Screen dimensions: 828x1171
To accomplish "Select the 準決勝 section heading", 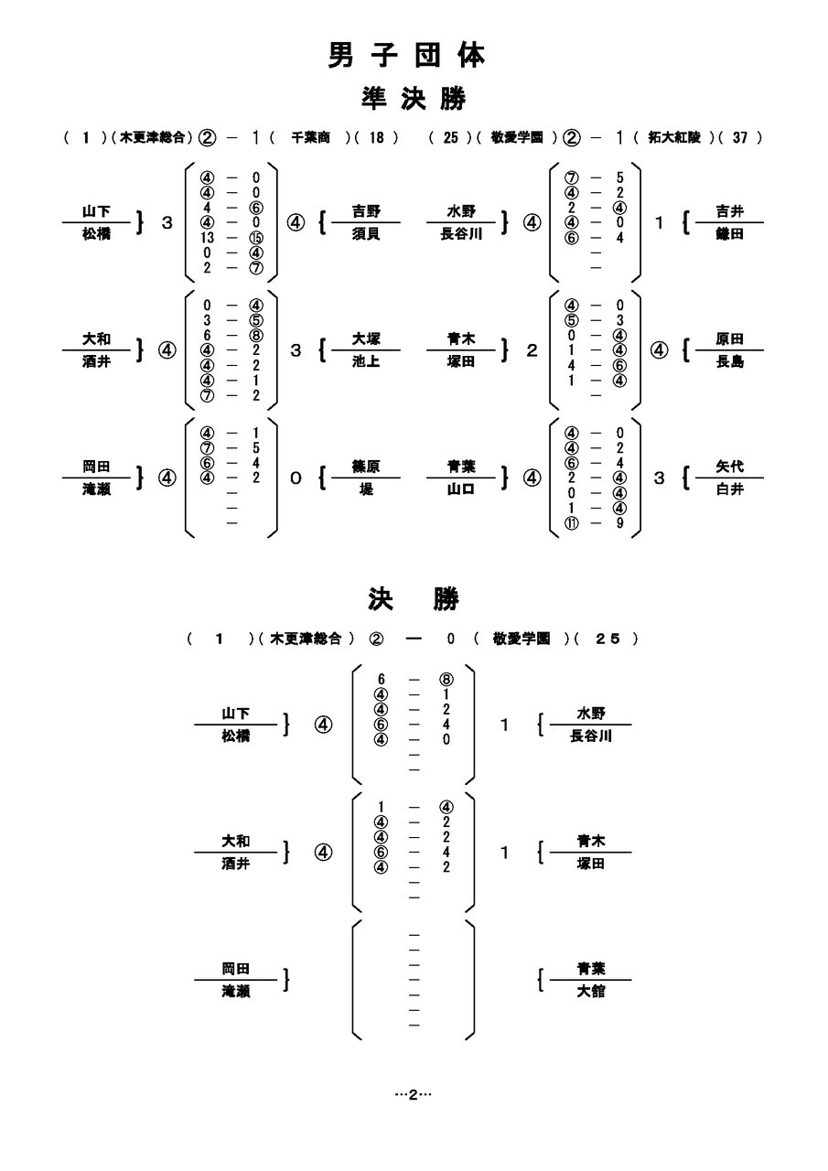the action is tap(408, 99).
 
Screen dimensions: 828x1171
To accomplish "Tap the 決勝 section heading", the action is tap(409, 600).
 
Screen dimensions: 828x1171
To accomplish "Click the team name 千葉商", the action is tap(311, 137).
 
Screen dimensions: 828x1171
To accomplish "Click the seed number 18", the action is tap(377, 137).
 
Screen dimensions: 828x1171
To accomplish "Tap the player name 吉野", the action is tap(366, 212).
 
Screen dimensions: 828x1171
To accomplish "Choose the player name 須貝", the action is tap(366, 234).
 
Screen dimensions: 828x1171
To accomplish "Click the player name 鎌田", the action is tap(730, 234).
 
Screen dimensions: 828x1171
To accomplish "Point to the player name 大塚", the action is tap(366, 339).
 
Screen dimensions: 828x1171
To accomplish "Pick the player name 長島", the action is tap(730, 361).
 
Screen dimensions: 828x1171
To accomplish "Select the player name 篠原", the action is tap(366, 467).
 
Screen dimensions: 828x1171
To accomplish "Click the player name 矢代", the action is tap(730, 467).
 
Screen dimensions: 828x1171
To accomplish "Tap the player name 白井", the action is tap(730, 489).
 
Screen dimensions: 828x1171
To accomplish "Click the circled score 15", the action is tap(256, 238).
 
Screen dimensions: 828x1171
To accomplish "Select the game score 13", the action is tap(208, 238).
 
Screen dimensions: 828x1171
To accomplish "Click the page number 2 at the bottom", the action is tap(413, 1094).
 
